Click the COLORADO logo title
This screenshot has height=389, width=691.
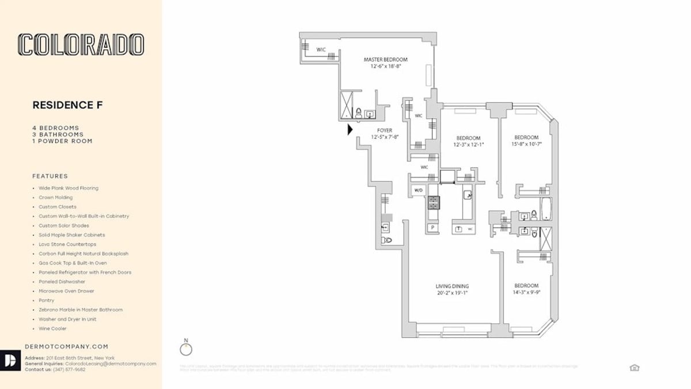click(81, 44)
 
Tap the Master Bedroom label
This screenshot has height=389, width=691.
click(385, 60)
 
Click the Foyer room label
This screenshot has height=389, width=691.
click(385, 131)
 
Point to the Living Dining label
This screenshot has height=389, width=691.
click(451, 286)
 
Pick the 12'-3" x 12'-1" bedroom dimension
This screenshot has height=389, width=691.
click(468, 145)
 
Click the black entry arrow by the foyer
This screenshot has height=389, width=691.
click(350, 130)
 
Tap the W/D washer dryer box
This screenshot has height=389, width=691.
click(417, 190)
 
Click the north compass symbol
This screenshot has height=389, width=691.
click(186, 349)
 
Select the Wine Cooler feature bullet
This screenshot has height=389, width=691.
click(52, 328)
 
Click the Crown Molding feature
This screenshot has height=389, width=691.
click(55, 197)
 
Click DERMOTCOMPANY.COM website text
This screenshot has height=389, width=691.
click(67, 346)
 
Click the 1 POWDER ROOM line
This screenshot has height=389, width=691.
click(62, 141)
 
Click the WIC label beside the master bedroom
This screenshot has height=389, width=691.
click(321, 50)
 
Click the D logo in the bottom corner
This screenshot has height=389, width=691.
click(10, 360)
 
